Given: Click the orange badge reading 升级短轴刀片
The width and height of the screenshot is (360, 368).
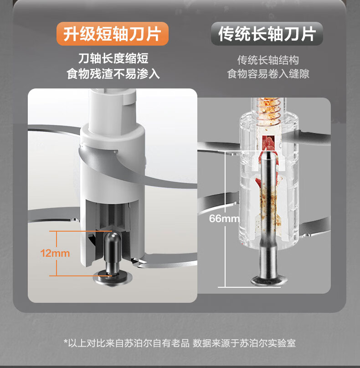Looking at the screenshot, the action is pyautogui.click(x=113, y=34).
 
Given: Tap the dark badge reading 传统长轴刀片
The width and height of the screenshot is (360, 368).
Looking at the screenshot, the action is pyautogui.click(x=267, y=34).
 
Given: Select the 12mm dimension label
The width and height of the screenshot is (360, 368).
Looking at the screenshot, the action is pyautogui.click(x=55, y=253).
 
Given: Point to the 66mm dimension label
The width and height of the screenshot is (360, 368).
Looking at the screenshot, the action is pyautogui.click(x=224, y=218).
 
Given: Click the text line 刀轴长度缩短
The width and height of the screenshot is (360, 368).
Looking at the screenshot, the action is pyautogui.click(x=113, y=58).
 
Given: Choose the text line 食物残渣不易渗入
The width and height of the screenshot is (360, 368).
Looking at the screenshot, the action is pyautogui.click(x=113, y=74).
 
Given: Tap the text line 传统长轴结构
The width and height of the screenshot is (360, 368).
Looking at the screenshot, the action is pyautogui.click(x=268, y=60).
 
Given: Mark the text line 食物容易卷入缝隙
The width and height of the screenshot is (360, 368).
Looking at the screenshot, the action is pyautogui.click(x=268, y=74).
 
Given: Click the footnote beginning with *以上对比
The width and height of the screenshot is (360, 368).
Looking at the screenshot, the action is pyautogui.click(x=180, y=343).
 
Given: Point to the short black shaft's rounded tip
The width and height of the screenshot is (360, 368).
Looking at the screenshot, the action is pyautogui.click(x=113, y=236).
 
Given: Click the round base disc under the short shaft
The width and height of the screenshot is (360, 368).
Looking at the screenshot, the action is pyautogui.click(x=113, y=278).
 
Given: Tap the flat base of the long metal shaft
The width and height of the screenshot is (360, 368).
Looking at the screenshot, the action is pyautogui.click(x=269, y=280).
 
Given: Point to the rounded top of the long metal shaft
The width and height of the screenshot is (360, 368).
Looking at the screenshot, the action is pyautogui.click(x=269, y=155).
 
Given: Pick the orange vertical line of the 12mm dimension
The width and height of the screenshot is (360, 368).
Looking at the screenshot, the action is pyautogui.click(x=57, y=253).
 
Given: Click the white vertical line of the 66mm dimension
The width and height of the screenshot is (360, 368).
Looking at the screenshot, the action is pyautogui.click(x=225, y=219).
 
